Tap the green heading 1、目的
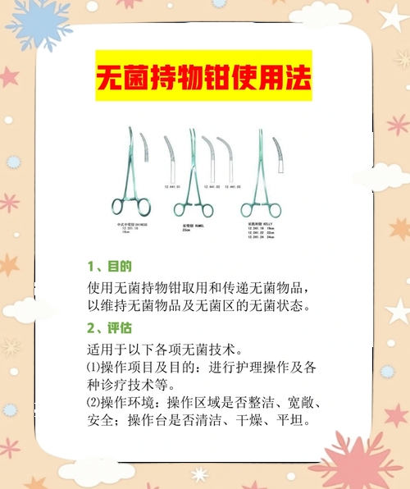(x=109, y=267)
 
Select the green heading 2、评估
(x=109, y=327)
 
